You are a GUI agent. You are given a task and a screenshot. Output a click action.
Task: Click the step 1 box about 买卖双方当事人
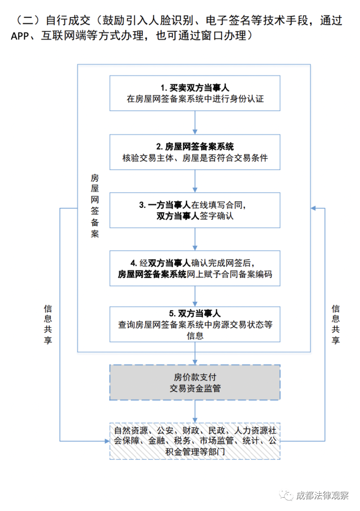pyautogui.click(x=195, y=93)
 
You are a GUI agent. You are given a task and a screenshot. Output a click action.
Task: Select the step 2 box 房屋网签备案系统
pyautogui.click(x=195, y=152)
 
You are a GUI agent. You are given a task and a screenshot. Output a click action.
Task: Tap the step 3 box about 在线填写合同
pyautogui.click(x=195, y=210)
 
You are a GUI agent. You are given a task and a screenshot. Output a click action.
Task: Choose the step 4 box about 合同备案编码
pyautogui.click(x=195, y=268)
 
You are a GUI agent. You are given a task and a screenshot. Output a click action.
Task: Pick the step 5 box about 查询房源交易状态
pyautogui.click(x=195, y=324)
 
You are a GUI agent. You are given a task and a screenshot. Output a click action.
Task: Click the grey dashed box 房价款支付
pyautogui.click(x=195, y=382)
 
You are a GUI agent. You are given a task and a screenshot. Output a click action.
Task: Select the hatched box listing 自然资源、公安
pyautogui.click(x=195, y=441)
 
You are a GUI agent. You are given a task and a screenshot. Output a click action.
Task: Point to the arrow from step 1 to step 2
pyautogui.click(x=195, y=123)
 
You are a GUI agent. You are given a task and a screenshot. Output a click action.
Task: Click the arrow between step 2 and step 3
pyautogui.click(x=195, y=181)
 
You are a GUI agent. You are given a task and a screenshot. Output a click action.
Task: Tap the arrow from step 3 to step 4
pyautogui.click(x=195, y=239)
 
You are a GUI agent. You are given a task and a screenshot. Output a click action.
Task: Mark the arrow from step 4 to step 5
pyautogui.click(x=195, y=296)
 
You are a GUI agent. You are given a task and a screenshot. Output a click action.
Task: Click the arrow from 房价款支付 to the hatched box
pyautogui.click(x=195, y=411)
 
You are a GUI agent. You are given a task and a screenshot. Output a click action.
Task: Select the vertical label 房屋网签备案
pyautogui.click(x=95, y=206)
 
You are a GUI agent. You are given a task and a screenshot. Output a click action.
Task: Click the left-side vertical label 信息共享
pyautogui.click(x=48, y=324)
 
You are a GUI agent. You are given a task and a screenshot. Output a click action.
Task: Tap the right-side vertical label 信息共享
pyautogui.click(x=335, y=324)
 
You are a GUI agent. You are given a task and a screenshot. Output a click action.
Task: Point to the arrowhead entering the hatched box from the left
pyautogui.click(x=107, y=442)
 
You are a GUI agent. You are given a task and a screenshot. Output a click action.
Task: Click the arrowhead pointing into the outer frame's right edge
pyautogui.click(x=313, y=208)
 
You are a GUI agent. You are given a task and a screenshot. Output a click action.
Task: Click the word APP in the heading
pyautogui.click(x=20, y=36)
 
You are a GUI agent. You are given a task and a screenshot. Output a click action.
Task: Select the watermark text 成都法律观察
pyautogui.click(x=322, y=495)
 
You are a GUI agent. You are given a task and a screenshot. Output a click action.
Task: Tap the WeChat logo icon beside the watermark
pyautogui.click(x=286, y=495)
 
